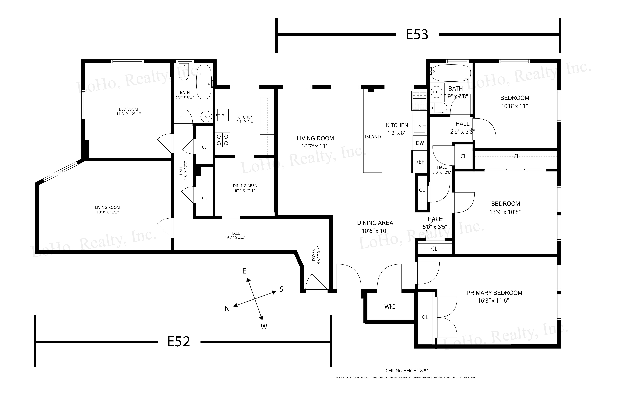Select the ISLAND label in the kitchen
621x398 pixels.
(373, 137)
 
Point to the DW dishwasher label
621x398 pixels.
(420, 143)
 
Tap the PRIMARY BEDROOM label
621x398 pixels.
(494, 293)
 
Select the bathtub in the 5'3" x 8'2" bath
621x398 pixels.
(204, 82)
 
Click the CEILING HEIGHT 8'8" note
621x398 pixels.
(407, 371)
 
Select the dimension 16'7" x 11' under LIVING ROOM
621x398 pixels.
(314, 146)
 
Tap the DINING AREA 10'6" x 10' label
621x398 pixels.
(375, 227)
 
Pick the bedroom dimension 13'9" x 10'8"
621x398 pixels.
(505, 212)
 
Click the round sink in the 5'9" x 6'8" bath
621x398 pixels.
(437, 92)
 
